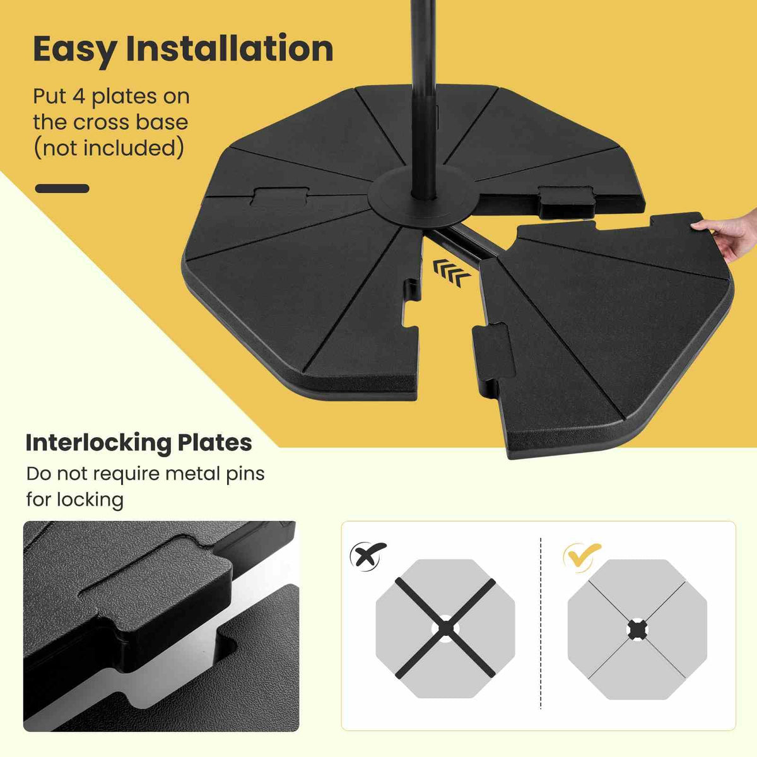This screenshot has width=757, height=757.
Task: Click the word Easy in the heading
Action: pyautogui.click(x=74, y=49)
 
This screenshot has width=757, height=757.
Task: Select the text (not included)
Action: pyautogui.click(x=109, y=148)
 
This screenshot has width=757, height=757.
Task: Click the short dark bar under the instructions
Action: pyautogui.click(x=62, y=188)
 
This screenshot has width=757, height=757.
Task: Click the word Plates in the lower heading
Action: pyautogui.click(x=214, y=443)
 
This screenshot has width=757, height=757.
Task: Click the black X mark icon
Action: pyautogui.click(x=368, y=555)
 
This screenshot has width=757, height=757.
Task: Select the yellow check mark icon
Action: pyautogui.click(x=581, y=554)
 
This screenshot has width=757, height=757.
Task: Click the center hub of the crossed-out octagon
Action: pyautogui.click(x=445, y=628)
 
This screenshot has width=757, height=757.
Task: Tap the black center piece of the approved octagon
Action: pyautogui.click(x=637, y=629)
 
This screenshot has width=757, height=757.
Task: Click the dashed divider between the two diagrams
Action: pyautogui.click(x=541, y=625)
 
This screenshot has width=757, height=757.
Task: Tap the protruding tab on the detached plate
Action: pyautogui.click(x=491, y=351)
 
